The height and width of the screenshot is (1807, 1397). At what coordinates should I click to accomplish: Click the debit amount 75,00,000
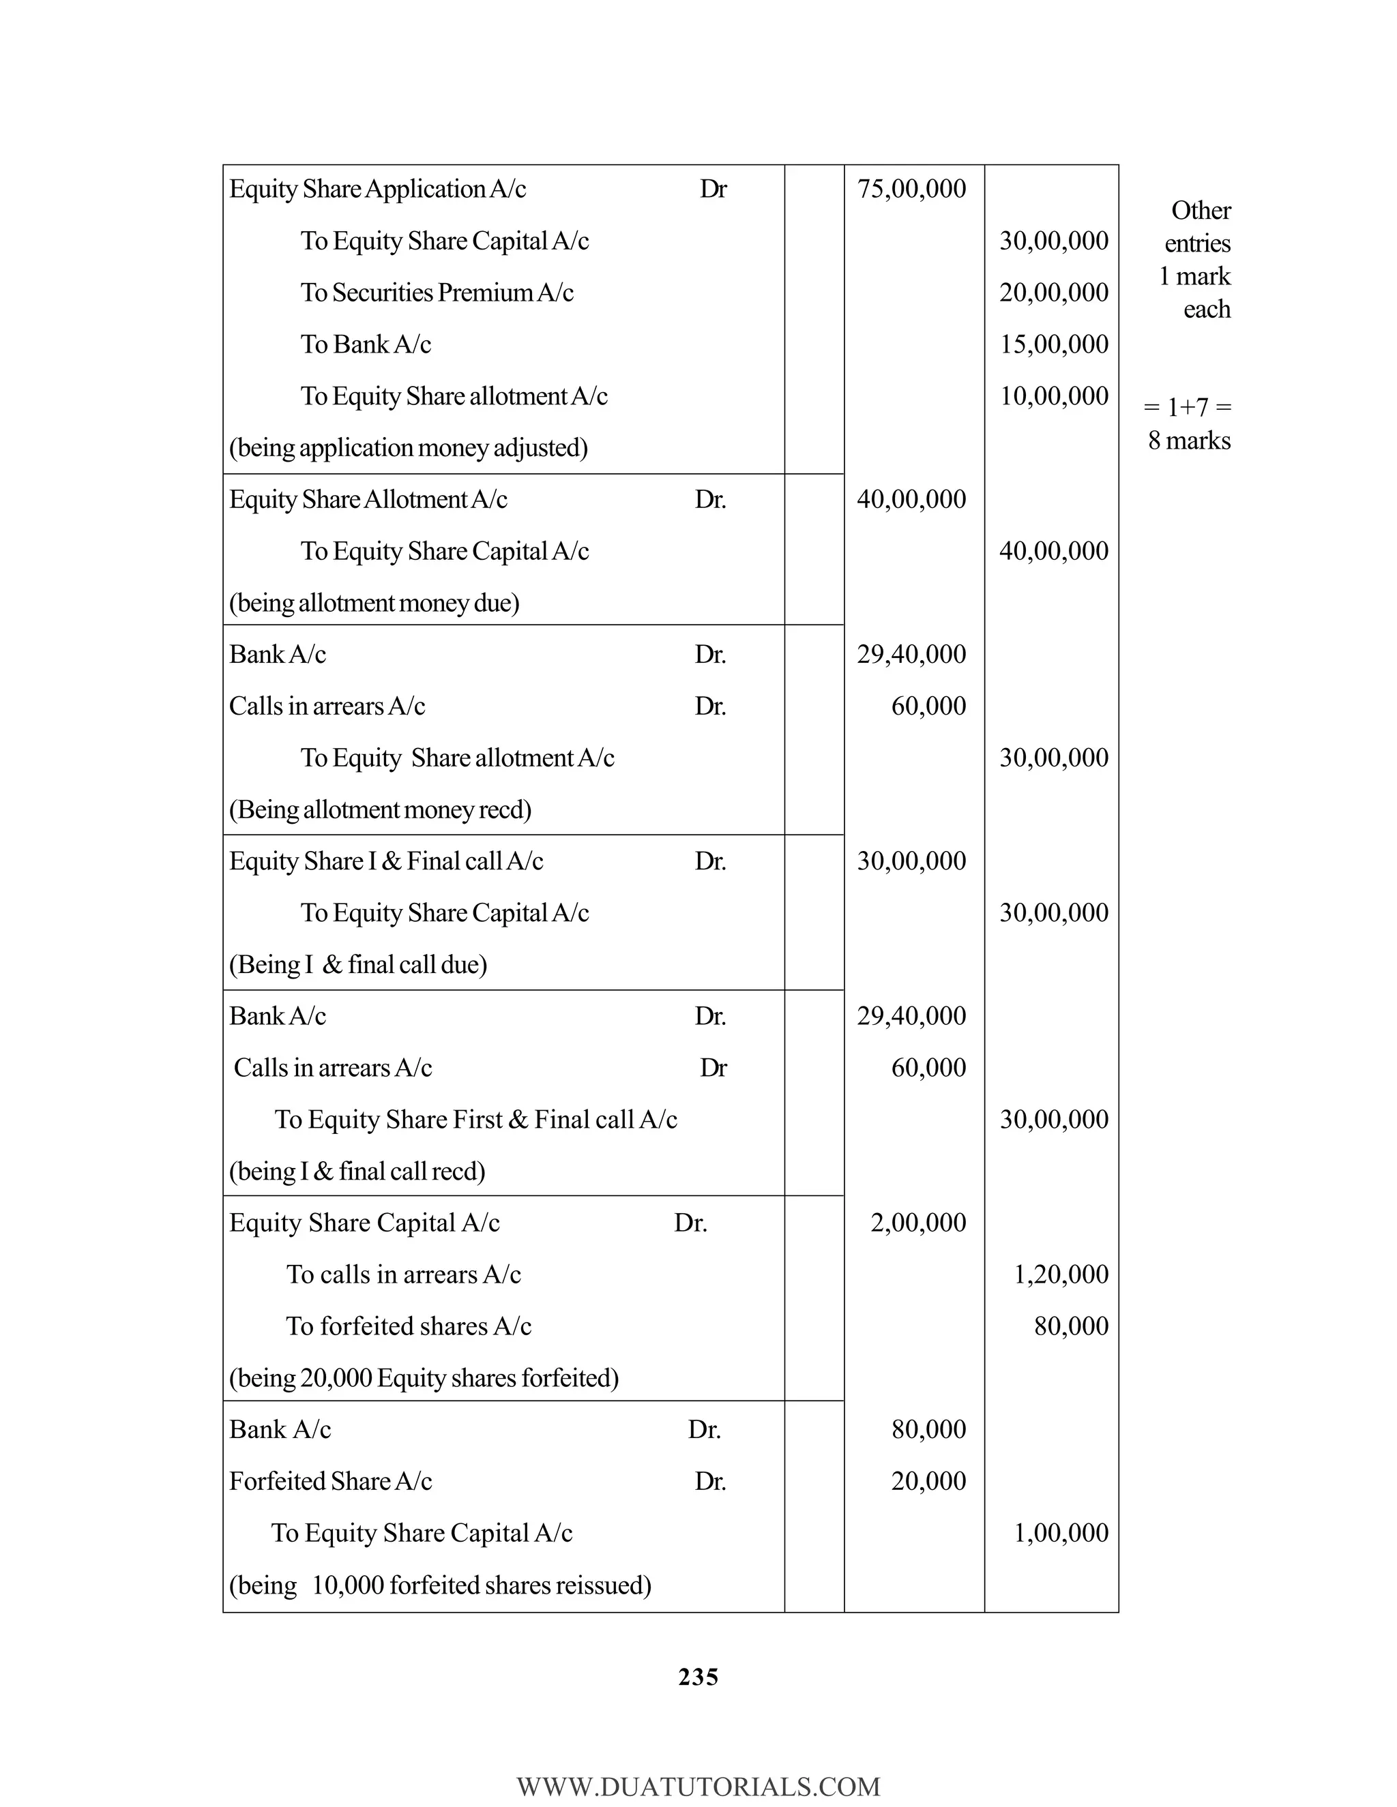(x=911, y=189)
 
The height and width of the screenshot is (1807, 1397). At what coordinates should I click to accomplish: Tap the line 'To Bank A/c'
(x=366, y=344)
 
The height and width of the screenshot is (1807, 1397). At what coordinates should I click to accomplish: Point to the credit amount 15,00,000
(x=1053, y=344)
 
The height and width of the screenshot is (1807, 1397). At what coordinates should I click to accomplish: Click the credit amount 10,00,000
(x=1053, y=395)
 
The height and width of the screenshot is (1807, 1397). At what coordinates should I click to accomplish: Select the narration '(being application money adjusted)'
(x=408, y=447)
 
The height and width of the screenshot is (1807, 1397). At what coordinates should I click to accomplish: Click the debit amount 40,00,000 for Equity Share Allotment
(x=911, y=499)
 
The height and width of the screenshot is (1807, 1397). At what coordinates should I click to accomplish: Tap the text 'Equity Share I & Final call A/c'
(x=385, y=861)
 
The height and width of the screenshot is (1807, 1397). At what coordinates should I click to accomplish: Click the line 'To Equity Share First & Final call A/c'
(x=476, y=1120)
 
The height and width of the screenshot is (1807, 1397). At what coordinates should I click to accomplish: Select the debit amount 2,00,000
(x=918, y=1223)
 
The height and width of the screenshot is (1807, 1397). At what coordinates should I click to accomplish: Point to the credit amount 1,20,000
(x=1061, y=1274)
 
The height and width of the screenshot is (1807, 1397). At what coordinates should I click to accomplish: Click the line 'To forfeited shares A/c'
(x=408, y=1326)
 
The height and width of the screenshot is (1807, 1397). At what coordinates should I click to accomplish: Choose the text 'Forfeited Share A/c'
(x=330, y=1481)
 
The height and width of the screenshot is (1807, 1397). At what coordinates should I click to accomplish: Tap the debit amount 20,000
(x=928, y=1481)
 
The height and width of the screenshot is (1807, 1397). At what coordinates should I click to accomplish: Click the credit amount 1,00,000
(x=1061, y=1533)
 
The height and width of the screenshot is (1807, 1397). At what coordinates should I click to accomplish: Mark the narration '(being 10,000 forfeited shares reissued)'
(x=439, y=1585)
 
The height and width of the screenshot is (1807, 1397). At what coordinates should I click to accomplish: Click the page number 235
(x=698, y=1677)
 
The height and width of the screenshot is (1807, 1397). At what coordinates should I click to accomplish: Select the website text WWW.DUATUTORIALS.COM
(x=698, y=1787)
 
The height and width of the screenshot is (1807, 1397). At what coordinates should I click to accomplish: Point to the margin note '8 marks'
(x=1188, y=440)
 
